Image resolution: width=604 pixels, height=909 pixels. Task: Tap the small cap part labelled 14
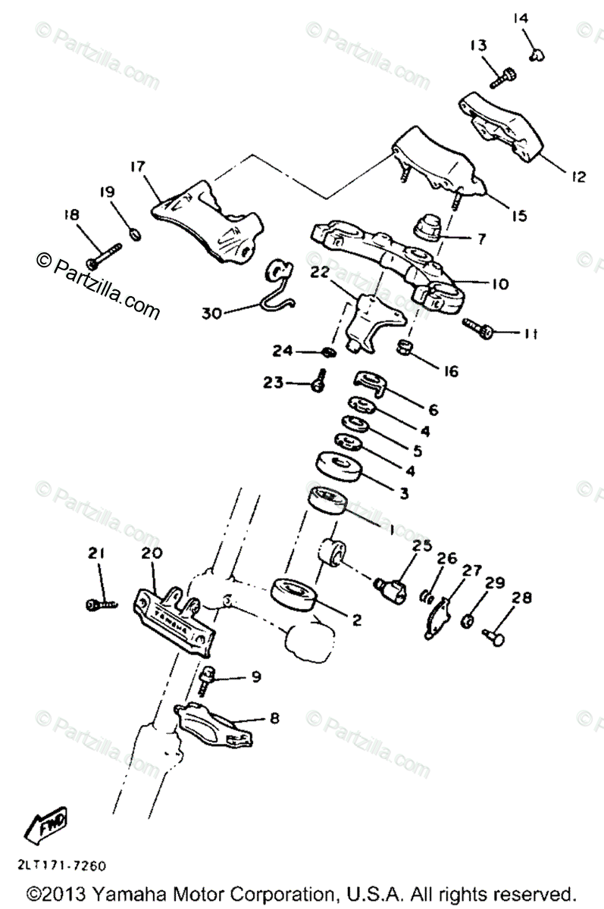tap(539, 52)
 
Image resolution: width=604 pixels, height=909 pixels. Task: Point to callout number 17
tap(136, 166)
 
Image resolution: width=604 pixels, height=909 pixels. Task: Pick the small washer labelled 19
tap(134, 233)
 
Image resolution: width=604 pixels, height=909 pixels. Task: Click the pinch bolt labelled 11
tap(480, 328)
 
